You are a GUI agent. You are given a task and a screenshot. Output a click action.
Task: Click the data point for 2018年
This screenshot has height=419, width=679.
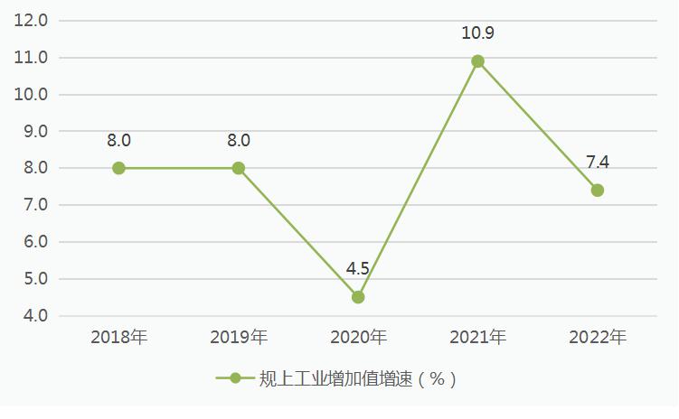pyautogui.click(x=118, y=168)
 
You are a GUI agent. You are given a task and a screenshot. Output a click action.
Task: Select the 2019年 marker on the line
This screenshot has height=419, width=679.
pyautogui.click(x=239, y=168)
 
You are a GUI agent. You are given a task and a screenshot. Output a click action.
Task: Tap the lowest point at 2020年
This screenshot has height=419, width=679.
pyautogui.click(x=358, y=297)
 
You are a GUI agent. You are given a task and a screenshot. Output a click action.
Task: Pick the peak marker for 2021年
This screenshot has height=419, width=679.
pyautogui.click(x=478, y=61)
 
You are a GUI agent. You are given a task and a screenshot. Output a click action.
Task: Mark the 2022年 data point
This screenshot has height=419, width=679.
pyautogui.click(x=598, y=191)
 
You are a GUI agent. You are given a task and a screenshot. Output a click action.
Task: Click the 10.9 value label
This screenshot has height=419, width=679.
pyautogui.click(x=478, y=33)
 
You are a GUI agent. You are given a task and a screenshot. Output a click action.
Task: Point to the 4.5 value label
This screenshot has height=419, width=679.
pyautogui.click(x=358, y=269)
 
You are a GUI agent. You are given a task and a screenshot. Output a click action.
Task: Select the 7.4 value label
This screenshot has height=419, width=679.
pyautogui.click(x=598, y=163)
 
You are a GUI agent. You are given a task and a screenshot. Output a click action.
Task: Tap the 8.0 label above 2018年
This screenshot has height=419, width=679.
pyautogui.click(x=118, y=140)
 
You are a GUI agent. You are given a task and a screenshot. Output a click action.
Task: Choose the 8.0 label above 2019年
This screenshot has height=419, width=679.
pyautogui.click(x=239, y=140)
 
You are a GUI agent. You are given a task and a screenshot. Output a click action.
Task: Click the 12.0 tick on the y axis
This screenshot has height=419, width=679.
pyautogui.click(x=32, y=21)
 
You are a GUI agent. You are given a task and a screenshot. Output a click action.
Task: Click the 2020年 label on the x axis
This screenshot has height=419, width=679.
pyautogui.click(x=358, y=338)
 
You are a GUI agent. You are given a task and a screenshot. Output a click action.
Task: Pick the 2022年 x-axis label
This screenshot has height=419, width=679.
pyautogui.click(x=598, y=338)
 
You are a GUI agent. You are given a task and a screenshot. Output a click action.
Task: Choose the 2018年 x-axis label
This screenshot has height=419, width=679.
pyautogui.click(x=118, y=338)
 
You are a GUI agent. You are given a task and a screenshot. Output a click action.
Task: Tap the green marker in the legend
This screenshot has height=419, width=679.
pyautogui.click(x=235, y=379)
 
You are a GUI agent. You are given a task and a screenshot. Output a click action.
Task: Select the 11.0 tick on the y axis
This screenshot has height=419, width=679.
pyautogui.click(x=32, y=58)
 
